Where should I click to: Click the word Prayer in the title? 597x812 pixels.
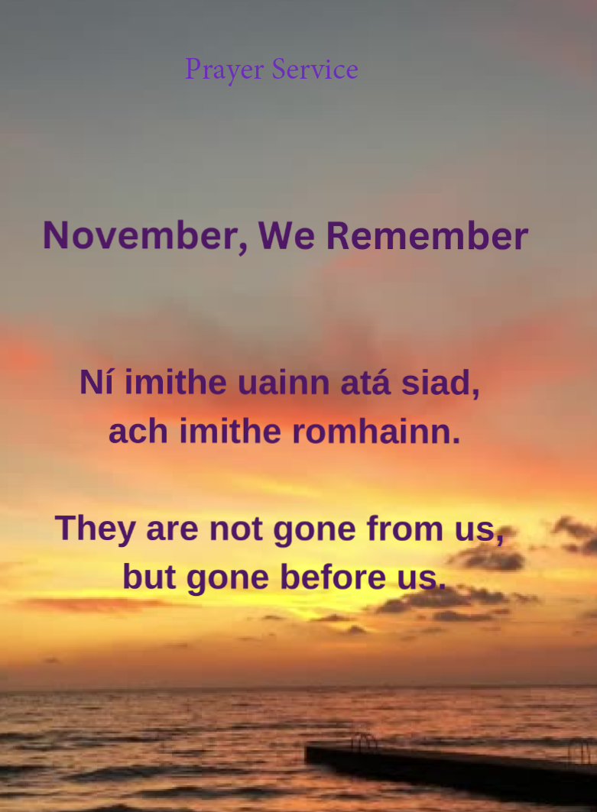(225, 70)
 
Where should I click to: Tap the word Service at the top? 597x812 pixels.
(315, 70)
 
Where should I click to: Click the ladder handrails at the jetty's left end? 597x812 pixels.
(365, 741)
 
